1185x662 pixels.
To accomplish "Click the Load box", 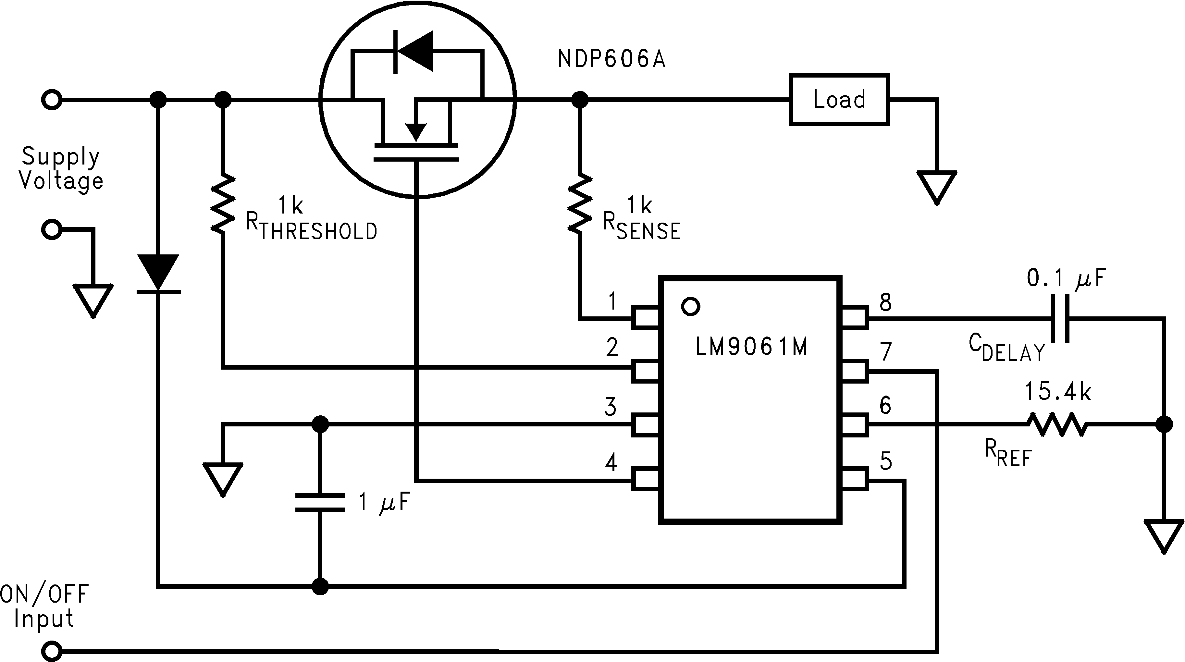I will pyautogui.click(x=839, y=99).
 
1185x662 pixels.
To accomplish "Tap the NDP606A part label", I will pyautogui.click(x=611, y=59).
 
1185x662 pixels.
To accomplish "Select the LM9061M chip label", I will pyautogui.click(x=751, y=347).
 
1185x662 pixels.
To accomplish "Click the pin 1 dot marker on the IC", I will pyautogui.click(x=690, y=306).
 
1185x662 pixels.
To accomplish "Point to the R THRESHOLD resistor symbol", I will pyautogui.click(x=223, y=204).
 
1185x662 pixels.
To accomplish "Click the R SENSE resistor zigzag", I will pyautogui.click(x=580, y=204).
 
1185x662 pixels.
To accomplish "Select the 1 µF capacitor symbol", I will pyautogui.click(x=320, y=502).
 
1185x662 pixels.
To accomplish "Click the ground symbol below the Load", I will pyautogui.click(x=937, y=186).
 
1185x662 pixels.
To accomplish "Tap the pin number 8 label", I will pyautogui.click(x=885, y=302).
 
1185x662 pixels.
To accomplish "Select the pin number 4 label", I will pyautogui.click(x=611, y=462).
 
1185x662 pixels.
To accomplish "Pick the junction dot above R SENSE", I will pyautogui.click(x=580, y=99).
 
